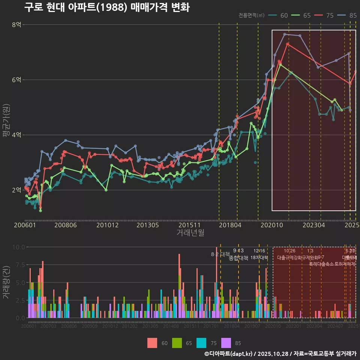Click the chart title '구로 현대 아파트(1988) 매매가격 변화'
[107, 7]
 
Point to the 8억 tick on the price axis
[16, 25]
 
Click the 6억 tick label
[16, 80]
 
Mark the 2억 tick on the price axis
[16, 190]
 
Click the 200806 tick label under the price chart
[66, 225]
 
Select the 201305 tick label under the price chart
[147, 225]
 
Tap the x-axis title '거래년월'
[190, 233]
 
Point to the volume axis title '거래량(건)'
[6, 282]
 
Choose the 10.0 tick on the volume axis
[18, 247]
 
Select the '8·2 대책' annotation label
[220, 254]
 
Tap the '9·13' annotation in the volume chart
[238, 250]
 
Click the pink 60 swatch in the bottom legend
[152, 343]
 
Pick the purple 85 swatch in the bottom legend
[226, 343]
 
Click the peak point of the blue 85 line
[285, 34]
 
